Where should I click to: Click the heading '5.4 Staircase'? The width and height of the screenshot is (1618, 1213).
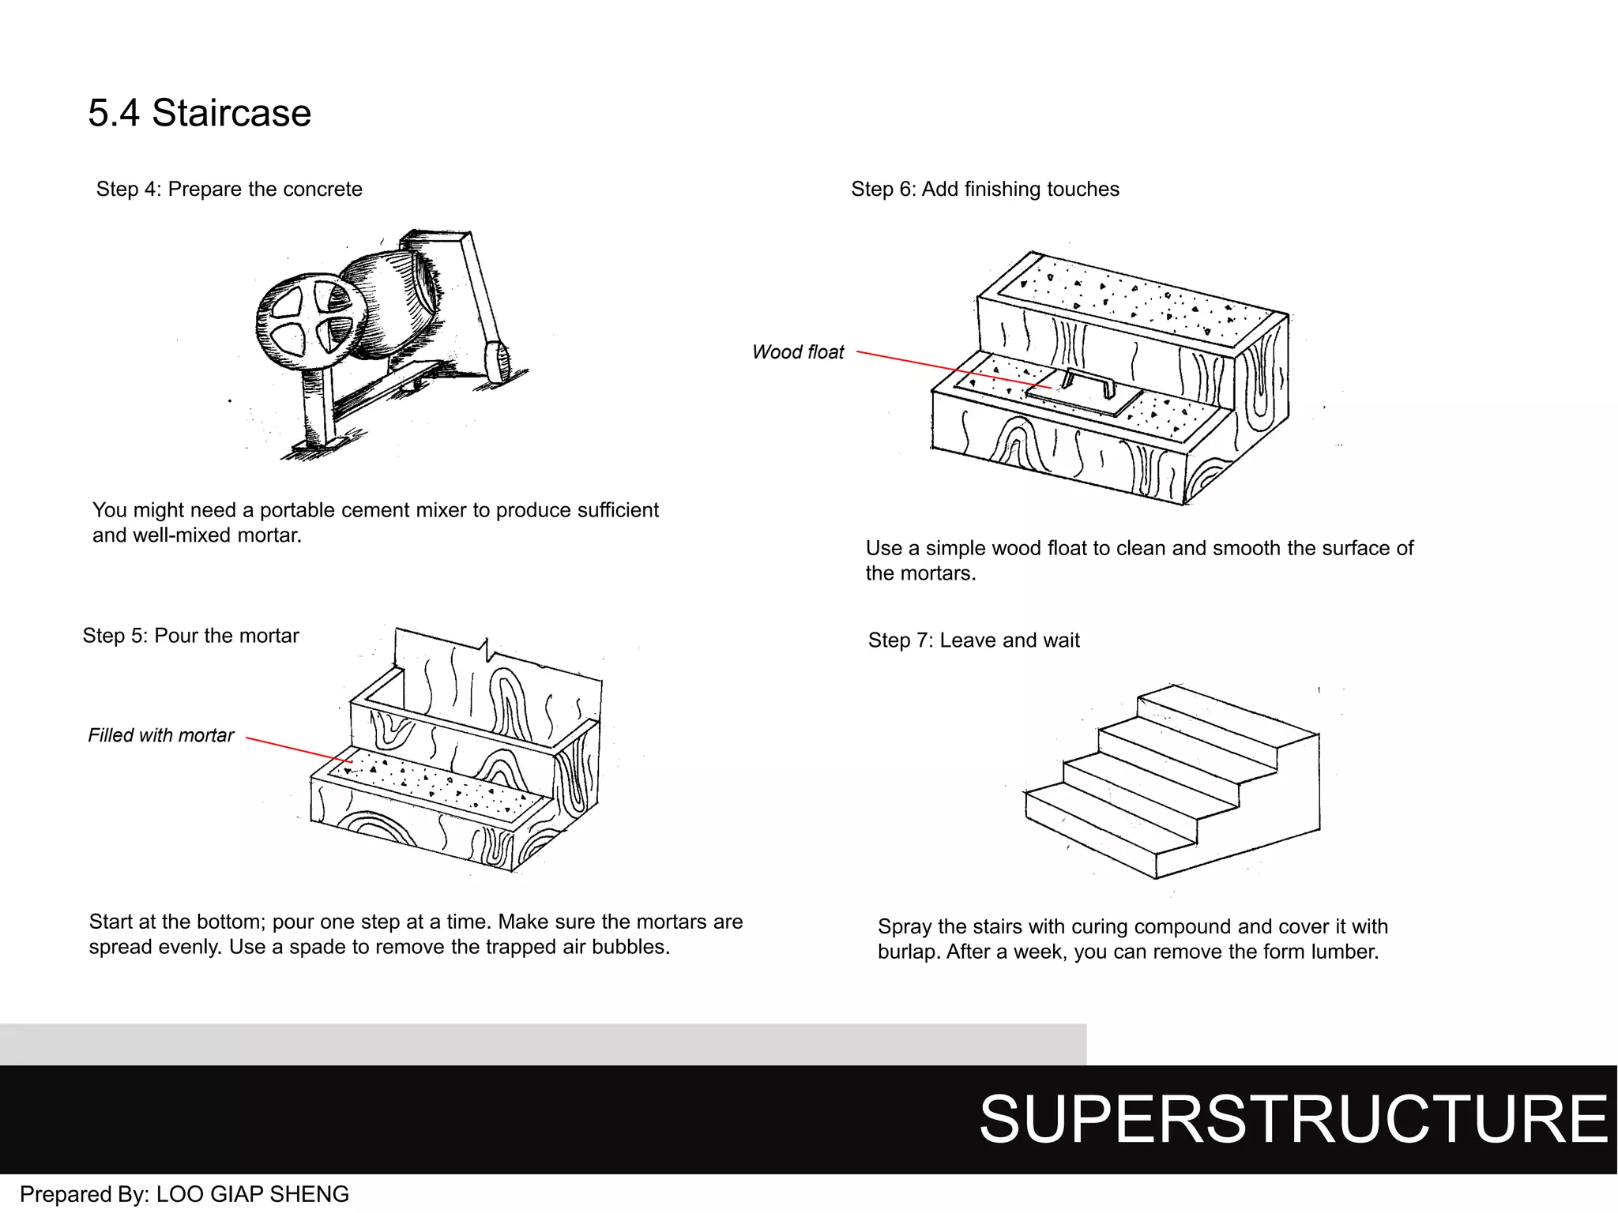[x=199, y=113]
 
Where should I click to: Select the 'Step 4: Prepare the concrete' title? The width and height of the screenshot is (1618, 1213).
[x=229, y=190]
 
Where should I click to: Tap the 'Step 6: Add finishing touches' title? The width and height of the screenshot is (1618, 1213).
[x=984, y=190]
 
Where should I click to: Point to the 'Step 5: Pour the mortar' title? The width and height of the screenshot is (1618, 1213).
[x=190, y=636]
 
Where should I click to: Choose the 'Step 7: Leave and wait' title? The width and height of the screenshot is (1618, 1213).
[x=973, y=640]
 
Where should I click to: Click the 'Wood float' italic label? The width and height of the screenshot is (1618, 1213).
[x=798, y=352]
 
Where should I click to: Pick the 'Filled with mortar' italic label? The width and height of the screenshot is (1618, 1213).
[x=160, y=735]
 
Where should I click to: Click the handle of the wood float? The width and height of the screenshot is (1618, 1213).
[x=1089, y=380]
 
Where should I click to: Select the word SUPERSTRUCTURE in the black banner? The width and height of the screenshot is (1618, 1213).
[x=1293, y=1119]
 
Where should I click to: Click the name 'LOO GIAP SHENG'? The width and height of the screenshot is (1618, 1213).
[x=253, y=1194]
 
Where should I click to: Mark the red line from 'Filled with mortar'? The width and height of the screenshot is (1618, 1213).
[x=296, y=749]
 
